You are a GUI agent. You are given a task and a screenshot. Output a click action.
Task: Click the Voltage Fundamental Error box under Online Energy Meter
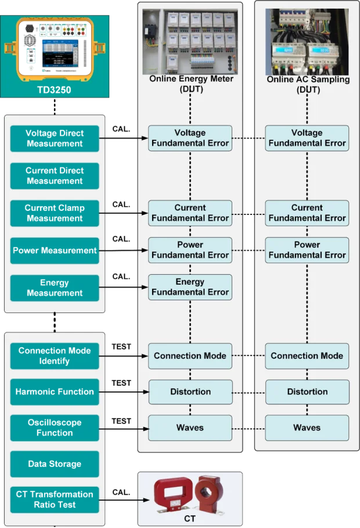(190, 138)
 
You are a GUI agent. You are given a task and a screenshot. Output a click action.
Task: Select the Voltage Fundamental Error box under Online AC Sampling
(307, 138)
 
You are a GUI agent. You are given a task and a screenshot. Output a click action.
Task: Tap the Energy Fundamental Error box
(190, 287)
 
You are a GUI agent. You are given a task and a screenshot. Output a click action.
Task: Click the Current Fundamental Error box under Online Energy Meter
(190, 213)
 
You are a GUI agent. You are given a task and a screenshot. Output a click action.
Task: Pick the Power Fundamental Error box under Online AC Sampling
(307, 250)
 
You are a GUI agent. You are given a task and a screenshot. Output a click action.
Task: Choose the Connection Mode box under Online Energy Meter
(190, 355)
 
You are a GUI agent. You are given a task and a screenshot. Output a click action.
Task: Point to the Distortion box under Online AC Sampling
(307, 392)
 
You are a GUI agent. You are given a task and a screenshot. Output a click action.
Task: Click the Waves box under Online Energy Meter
(190, 428)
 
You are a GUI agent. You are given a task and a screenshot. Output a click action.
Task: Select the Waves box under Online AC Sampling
(307, 428)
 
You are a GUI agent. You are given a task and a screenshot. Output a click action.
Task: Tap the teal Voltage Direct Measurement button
(55, 138)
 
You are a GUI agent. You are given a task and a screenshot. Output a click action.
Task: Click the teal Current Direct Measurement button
(55, 175)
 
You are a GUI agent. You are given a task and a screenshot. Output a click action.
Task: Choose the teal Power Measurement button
(55, 251)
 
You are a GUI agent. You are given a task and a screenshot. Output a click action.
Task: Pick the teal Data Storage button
(55, 464)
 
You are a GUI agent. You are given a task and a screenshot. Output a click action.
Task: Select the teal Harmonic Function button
(55, 392)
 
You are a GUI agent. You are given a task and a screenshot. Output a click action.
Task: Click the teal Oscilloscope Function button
(55, 428)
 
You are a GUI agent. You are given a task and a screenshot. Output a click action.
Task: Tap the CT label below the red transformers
(189, 518)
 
